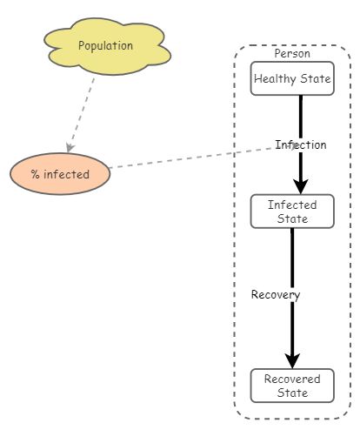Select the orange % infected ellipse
click(61, 174)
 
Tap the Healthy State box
click(292, 79)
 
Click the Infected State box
click(292, 212)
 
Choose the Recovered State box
click(292, 386)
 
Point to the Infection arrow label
click(301, 144)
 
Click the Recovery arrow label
click(276, 294)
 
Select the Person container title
click(292, 54)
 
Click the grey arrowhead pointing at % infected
click(70, 147)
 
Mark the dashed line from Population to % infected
click(83, 112)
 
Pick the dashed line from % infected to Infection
click(191, 158)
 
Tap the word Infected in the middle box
click(292, 205)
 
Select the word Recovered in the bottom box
click(292, 380)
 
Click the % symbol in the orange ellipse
click(36, 174)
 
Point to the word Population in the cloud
click(105, 45)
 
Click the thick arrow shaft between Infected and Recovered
click(292, 261)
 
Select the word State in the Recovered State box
click(292, 393)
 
